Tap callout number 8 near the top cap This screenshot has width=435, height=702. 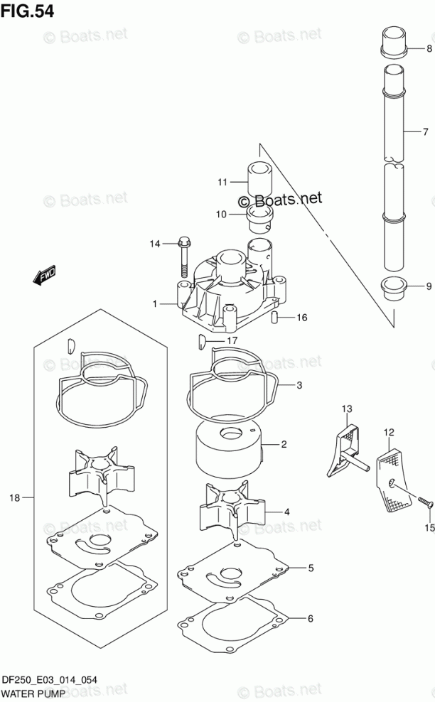(x=428, y=48)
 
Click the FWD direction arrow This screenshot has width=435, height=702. (x=45, y=275)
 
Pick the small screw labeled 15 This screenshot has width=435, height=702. (x=424, y=503)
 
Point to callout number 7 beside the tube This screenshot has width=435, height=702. (x=424, y=131)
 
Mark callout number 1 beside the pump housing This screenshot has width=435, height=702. (x=154, y=304)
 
